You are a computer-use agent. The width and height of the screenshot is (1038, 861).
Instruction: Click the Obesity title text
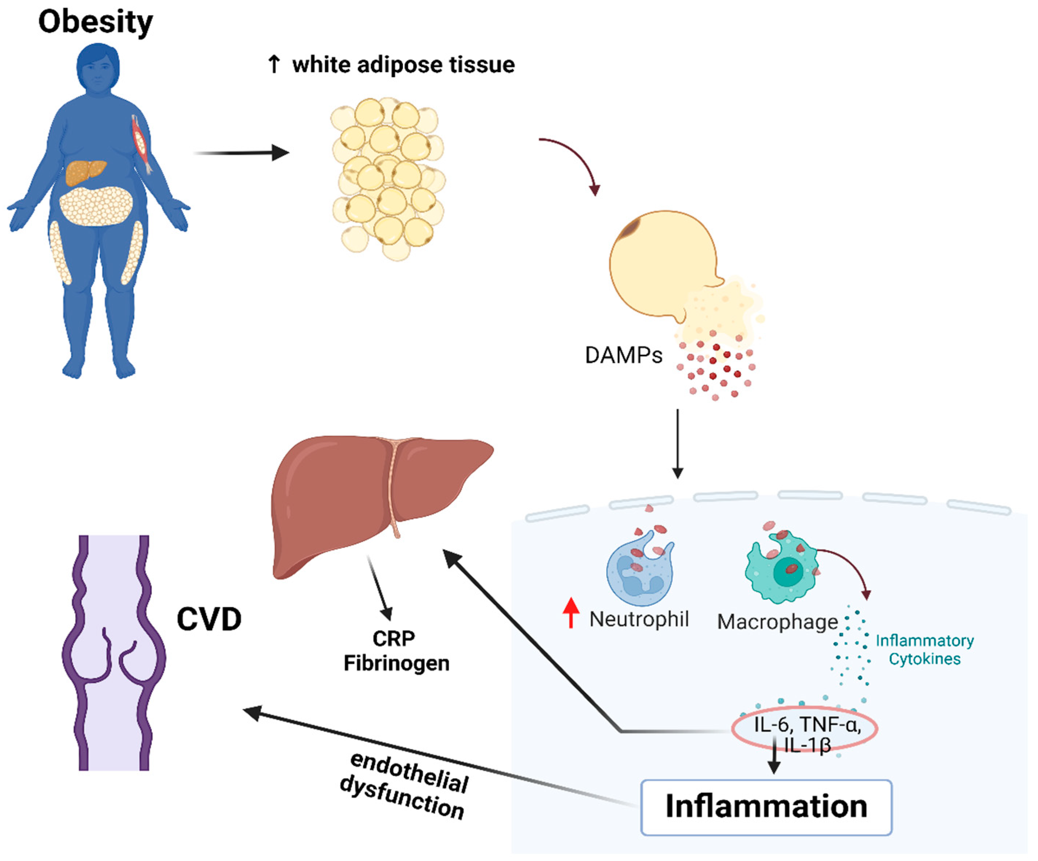95,22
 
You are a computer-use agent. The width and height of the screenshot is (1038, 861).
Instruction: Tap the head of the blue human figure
98,67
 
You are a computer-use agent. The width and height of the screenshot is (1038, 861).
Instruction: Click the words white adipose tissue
403,65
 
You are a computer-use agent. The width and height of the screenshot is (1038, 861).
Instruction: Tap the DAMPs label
623,355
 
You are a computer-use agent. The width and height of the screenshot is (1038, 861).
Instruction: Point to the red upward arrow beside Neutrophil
571,612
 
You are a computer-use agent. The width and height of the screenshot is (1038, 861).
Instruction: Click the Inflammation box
766,807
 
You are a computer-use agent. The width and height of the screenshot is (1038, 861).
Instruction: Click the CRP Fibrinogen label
395,651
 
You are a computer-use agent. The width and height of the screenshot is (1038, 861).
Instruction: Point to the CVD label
209,619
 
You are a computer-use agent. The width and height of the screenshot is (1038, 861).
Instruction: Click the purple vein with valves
114,652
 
